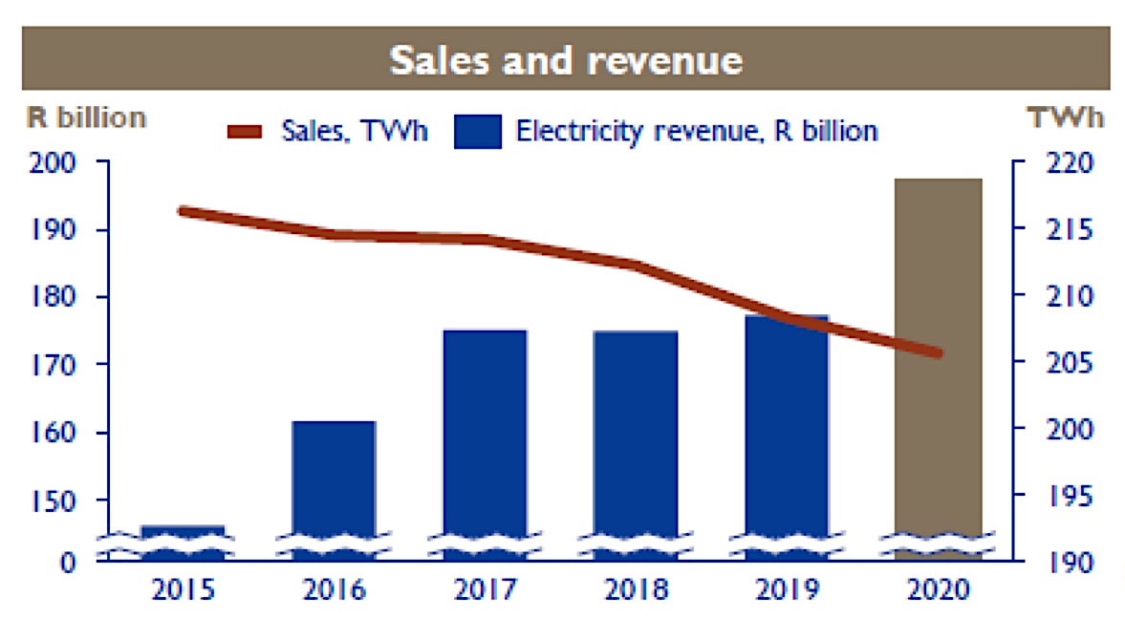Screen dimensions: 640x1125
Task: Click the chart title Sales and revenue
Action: point(565,59)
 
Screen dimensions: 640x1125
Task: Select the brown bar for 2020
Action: point(938,363)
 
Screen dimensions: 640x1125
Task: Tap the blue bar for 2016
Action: point(334,487)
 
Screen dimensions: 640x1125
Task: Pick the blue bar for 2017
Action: point(485,439)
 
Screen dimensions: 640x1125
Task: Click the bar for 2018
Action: point(635,439)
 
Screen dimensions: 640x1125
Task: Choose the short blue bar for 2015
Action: point(183,541)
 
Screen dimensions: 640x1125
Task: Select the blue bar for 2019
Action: point(786,435)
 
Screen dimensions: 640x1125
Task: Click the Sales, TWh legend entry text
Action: point(354,131)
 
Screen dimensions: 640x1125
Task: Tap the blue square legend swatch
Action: point(478,132)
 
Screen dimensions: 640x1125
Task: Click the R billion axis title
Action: point(85,117)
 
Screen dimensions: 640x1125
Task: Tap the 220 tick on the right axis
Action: point(1061,163)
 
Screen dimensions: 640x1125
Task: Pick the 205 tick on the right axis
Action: point(1061,364)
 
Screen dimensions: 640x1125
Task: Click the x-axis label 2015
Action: point(183,588)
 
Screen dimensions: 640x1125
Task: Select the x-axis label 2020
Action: point(938,588)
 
